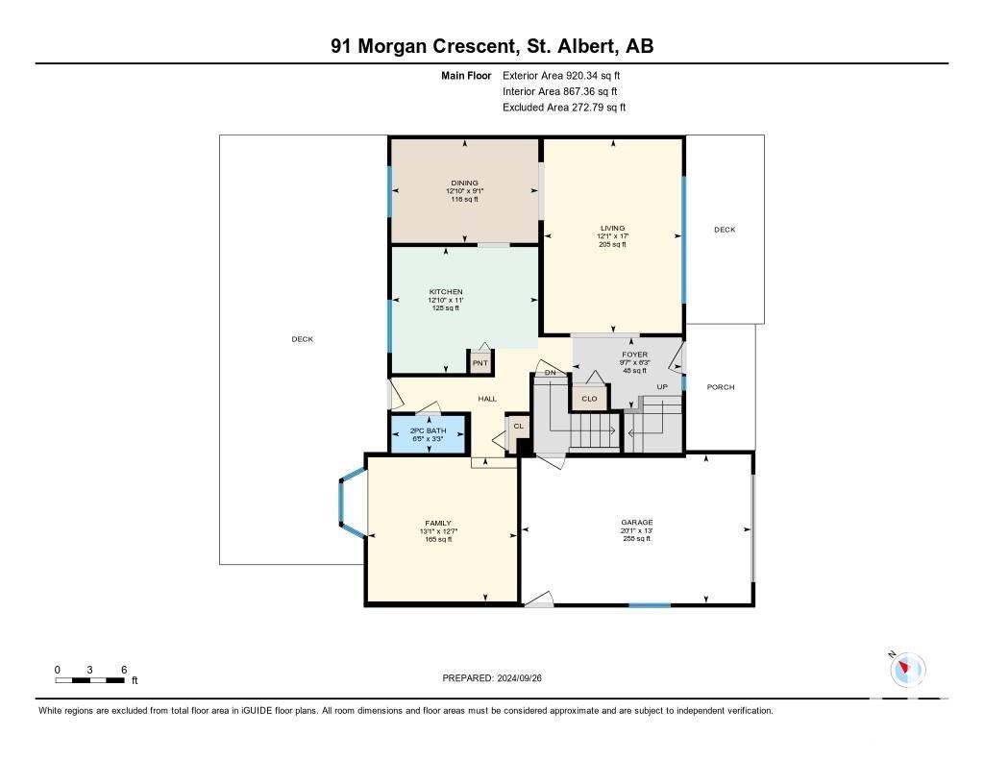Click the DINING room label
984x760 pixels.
point(464,184)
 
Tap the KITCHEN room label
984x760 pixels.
point(446,292)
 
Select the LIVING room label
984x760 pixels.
point(612,229)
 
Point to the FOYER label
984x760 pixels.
point(635,355)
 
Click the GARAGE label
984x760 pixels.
point(637,522)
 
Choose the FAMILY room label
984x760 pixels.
point(438,524)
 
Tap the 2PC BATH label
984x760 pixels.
point(428,430)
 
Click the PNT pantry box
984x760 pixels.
point(480,363)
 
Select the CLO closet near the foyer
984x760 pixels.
point(589,399)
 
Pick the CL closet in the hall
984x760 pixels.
point(518,427)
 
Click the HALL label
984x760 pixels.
point(487,399)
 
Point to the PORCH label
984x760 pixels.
point(721,387)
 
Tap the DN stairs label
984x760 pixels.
point(551,373)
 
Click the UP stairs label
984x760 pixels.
point(662,387)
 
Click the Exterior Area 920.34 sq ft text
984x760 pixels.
point(561,75)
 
